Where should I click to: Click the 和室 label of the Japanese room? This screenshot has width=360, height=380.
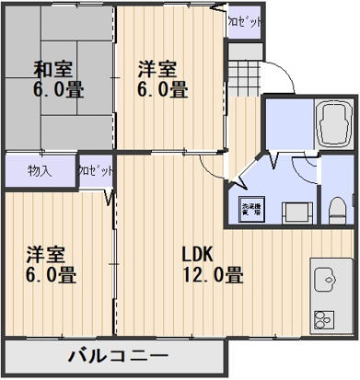53,69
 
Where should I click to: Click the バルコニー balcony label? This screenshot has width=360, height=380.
117,357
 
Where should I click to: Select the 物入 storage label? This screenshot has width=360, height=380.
39,171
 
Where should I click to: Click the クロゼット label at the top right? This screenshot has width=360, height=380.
244,20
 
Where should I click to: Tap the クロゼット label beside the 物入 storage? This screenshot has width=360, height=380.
96,171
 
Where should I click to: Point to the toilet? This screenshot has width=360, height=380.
337,204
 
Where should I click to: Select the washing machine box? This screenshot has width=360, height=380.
250,209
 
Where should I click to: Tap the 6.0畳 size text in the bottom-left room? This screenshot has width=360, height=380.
50,275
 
